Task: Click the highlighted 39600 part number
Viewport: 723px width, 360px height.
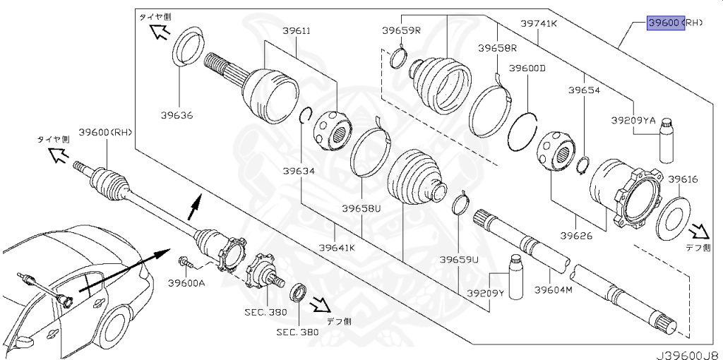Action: (666, 23)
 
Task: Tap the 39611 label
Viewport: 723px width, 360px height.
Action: (296, 31)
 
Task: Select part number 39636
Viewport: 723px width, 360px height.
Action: (177, 115)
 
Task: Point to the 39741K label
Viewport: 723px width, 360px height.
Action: (539, 23)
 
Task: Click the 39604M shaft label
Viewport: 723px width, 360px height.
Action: (554, 290)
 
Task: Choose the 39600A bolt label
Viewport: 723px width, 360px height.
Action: (186, 282)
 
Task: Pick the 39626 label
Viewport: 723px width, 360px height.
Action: (576, 236)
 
